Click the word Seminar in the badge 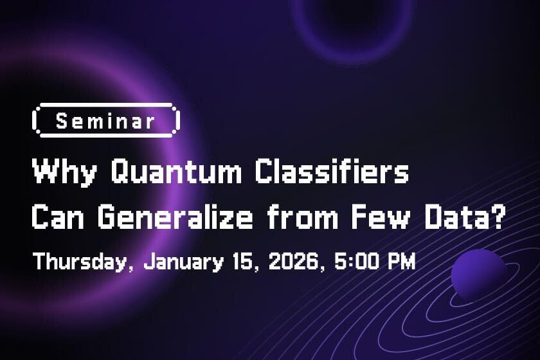click(105, 122)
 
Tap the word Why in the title click(64, 172)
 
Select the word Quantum click(176, 171)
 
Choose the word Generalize click(175, 217)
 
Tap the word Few click(381, 217)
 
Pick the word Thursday click(80, 262)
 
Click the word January click(184, 262)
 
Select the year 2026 click(294, 261)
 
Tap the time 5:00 click(356, 261)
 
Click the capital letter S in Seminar click(62, 122)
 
